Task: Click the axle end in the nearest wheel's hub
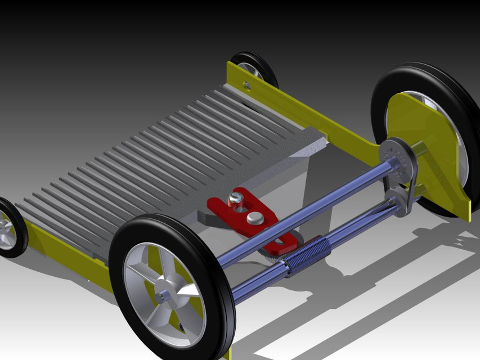point(163,294)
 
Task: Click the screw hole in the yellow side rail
point(246,85)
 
